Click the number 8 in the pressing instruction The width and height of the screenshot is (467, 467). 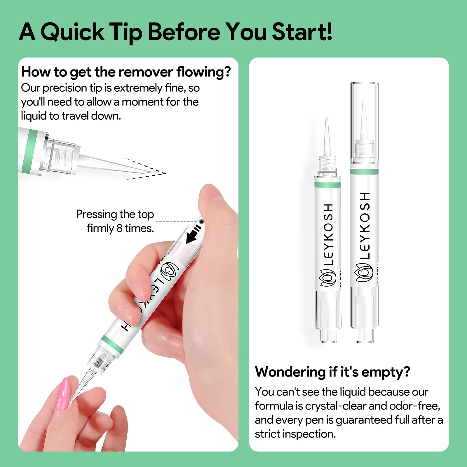click(x=119, y=228)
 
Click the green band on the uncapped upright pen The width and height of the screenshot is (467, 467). click(x=327, y=185)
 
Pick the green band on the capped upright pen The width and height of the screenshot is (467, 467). click(x=364, y=171)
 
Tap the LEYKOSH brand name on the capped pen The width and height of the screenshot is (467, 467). click(x=365, y=225)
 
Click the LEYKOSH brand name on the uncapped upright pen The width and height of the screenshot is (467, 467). click(x=328, y=235)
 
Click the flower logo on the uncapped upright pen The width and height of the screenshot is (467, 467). click(x=327, y=278)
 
